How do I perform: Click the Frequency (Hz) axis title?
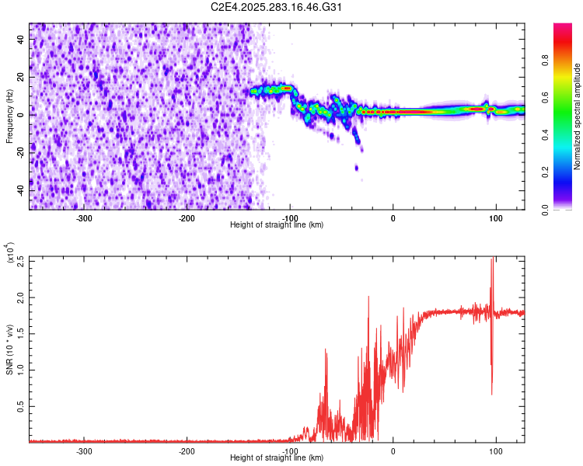(x=9, y=116)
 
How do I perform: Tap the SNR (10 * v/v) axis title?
(x=9, y=349)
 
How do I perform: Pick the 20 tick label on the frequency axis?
(x=21, y=78)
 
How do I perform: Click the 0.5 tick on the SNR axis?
(x=21, y=405)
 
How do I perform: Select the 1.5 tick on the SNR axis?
(x=21, y=332)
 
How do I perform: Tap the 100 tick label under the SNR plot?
(x=495, y=450)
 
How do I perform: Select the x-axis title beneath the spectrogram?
(x=277, y=225)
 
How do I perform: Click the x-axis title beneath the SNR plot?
(x=277, y=458)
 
